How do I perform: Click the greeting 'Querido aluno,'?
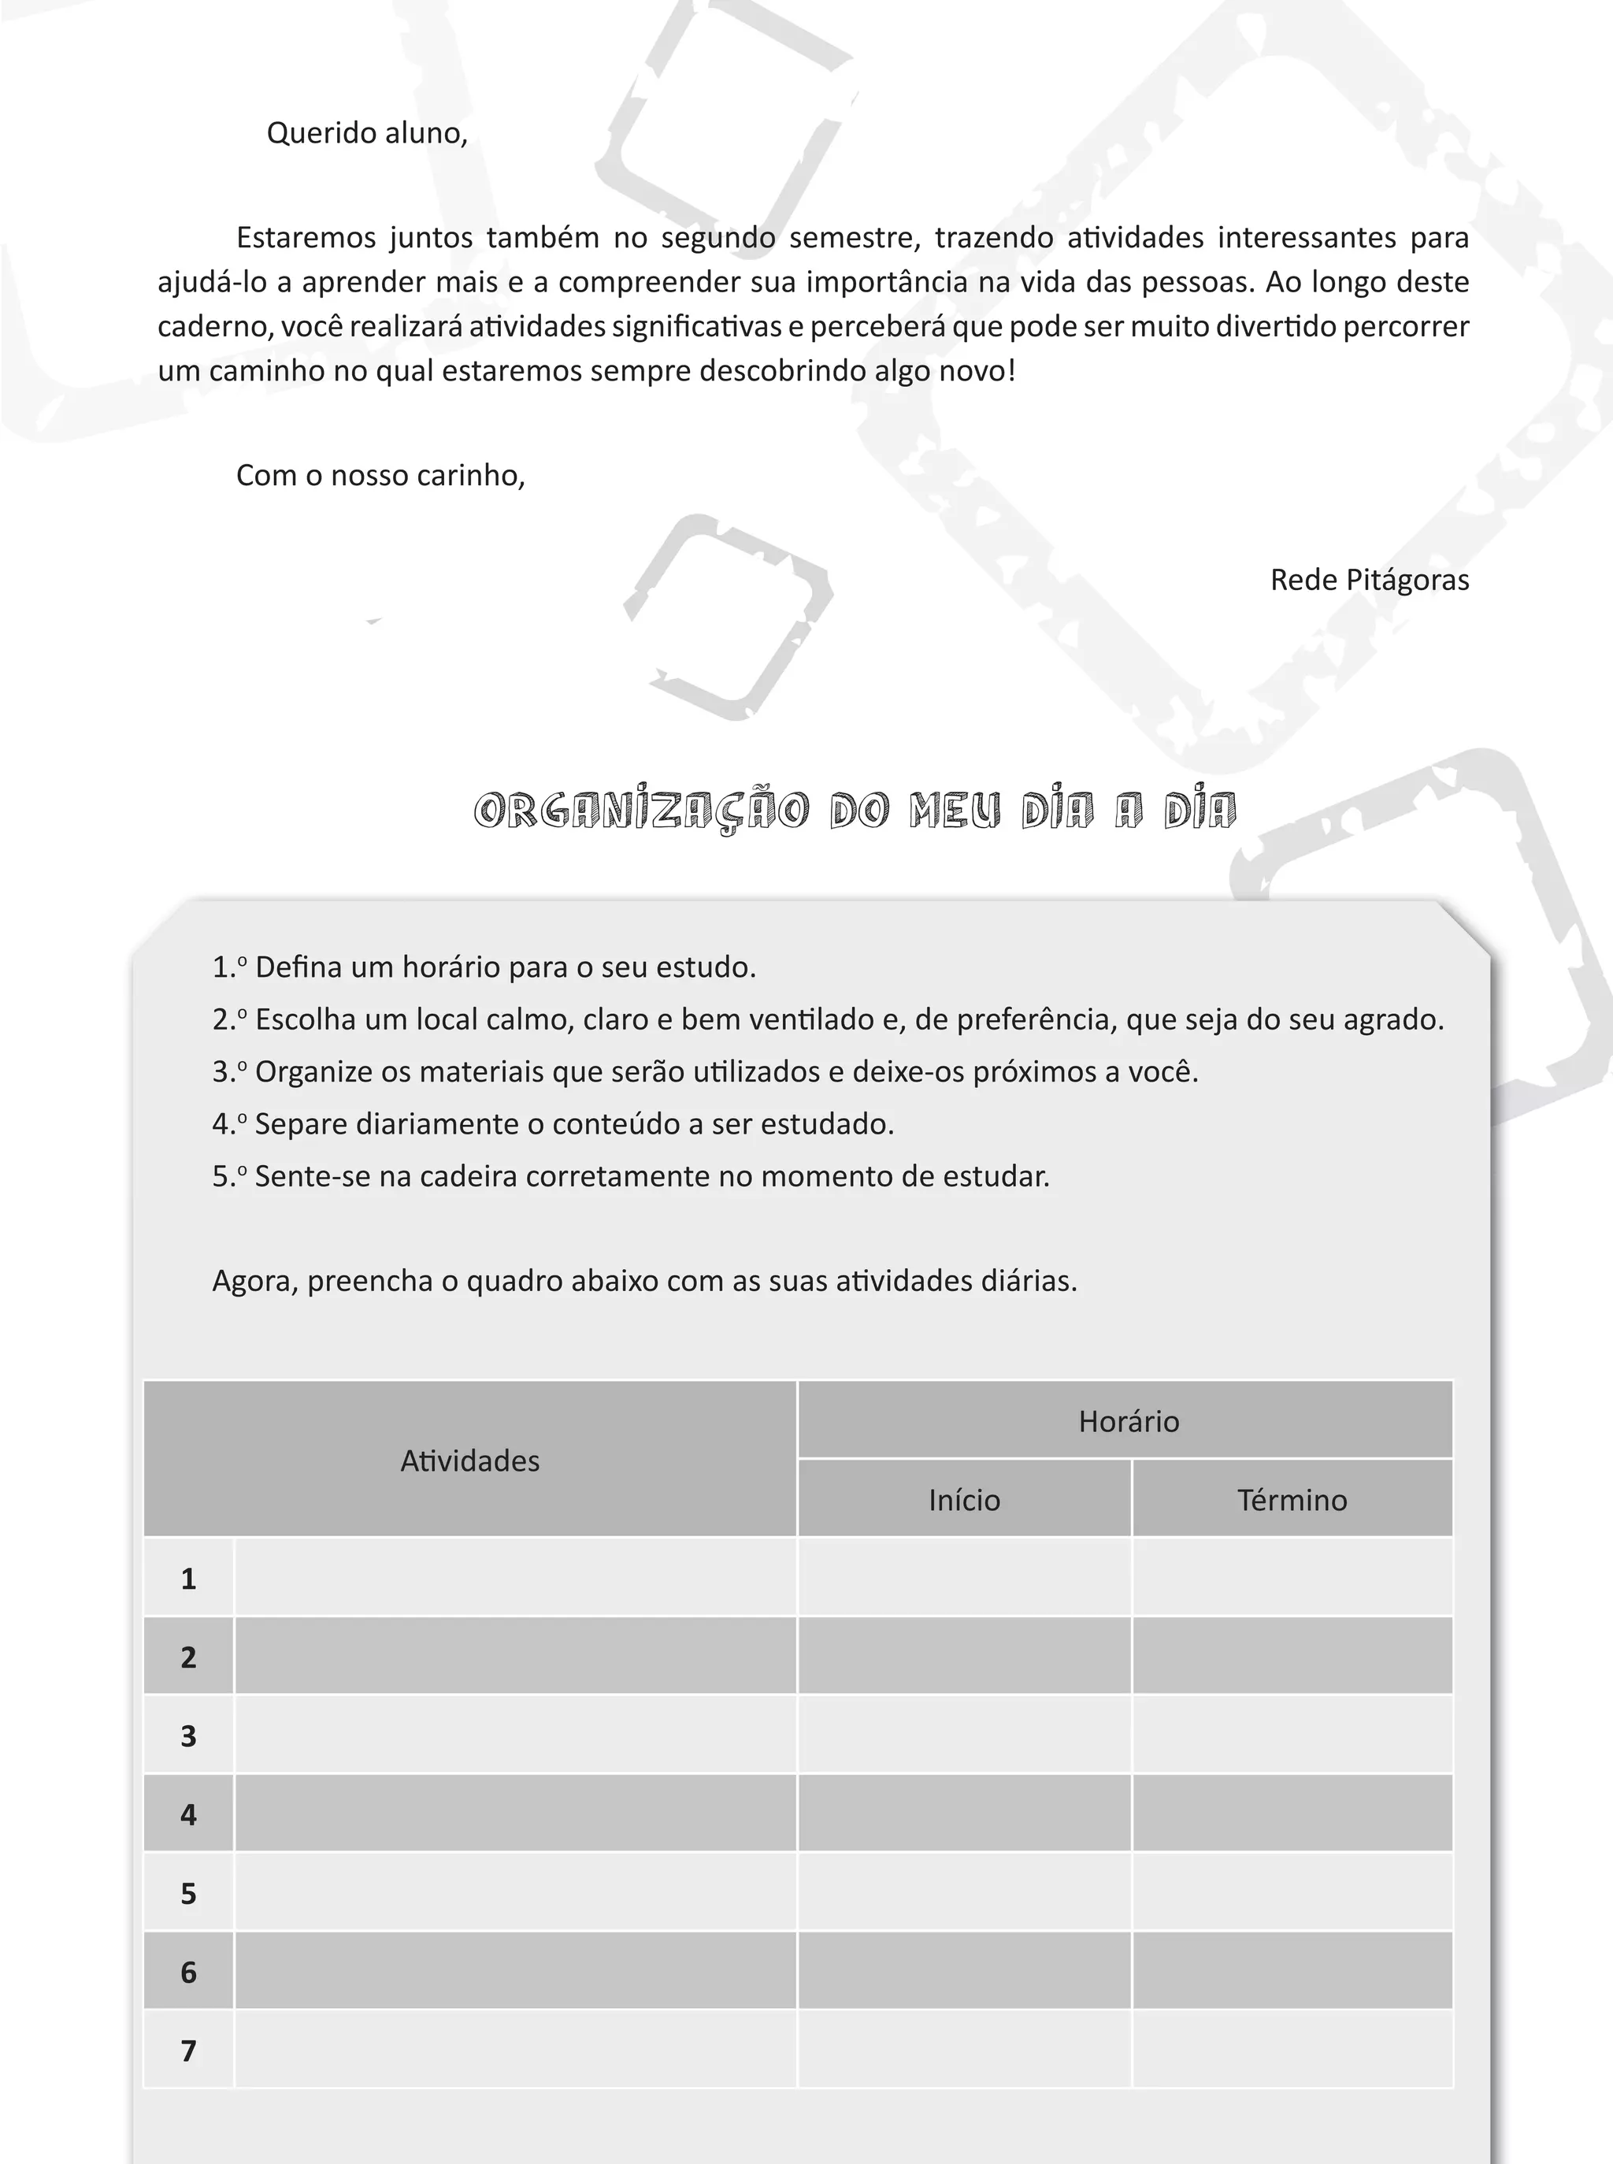367,133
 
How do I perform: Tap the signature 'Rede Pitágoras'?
1369,580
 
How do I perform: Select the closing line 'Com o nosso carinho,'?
380,476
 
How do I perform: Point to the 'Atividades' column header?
469,1461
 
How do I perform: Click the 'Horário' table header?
1129,1421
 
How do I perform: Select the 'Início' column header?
965,1500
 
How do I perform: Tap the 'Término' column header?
1292,1500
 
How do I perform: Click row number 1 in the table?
188,1579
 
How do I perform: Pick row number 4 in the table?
188,1814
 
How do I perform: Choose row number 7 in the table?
188,2051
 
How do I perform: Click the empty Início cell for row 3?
965,1735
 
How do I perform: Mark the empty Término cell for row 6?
1292,1972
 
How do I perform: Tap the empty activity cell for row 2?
516,1657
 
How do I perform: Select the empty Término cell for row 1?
1292,1578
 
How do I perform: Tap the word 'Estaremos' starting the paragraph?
306,238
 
